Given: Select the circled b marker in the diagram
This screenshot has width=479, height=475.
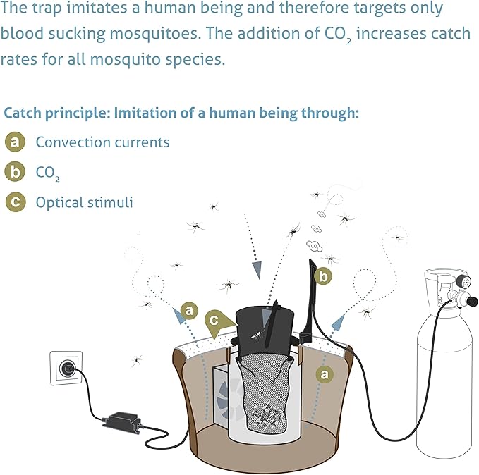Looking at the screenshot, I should (323, 276).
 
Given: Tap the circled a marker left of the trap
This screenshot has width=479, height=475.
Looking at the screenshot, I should (188, 309).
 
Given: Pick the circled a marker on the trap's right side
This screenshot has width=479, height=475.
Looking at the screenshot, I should (324, 374).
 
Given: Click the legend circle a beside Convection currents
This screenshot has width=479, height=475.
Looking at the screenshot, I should (14, 142).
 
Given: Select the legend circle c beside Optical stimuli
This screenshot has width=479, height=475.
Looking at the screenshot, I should (14, 202).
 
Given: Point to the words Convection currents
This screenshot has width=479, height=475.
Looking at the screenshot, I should (102, 142).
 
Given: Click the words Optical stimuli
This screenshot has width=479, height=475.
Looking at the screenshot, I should (84, 202).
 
